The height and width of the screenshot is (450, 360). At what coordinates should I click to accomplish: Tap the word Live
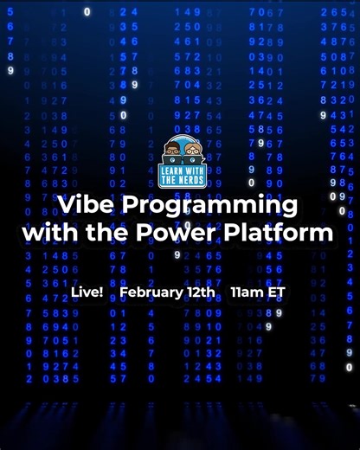pyautogui.click(x=85, y=292)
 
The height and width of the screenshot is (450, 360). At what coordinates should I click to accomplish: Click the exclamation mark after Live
pyautogui.click(x=100, y=292)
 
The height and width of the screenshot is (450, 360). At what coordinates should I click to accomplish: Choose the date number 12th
pyautogui.click(x=201, y=292)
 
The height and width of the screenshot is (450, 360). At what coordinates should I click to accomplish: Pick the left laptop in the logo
pyautogui.click(x=171, y=159)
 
